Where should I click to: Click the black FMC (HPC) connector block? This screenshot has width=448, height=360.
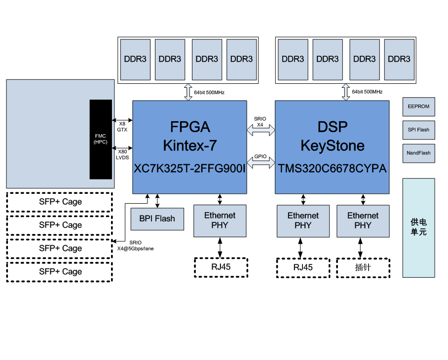tap(101, 139)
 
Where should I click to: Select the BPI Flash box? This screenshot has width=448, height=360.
tap(157, 218)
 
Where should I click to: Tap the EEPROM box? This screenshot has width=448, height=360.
tap(418, 107)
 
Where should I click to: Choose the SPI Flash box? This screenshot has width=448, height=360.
tap(418, 130)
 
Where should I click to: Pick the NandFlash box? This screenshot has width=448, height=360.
tap(418, 153)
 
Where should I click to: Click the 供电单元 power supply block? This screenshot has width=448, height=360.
tap(418, 227)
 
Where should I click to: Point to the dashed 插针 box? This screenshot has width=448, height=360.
tap(363, 267)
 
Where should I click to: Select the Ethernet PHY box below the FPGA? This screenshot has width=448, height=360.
tap(220, 220)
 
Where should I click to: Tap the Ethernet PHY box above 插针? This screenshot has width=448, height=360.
tap(363, 220)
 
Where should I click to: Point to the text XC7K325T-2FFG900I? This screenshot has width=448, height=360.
tap(189, 168)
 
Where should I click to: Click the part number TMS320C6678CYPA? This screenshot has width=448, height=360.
tap(332, 168)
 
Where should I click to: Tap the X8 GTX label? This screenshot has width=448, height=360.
tap(122, 127)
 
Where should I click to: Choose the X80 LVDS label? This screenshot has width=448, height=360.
tap(122, 154)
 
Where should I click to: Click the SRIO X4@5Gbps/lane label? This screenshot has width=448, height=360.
tap(135, 246)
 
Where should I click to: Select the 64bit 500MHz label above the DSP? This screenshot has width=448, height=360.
tap(367, 92)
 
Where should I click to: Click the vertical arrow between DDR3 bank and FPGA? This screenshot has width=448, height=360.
tap(188, 92)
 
